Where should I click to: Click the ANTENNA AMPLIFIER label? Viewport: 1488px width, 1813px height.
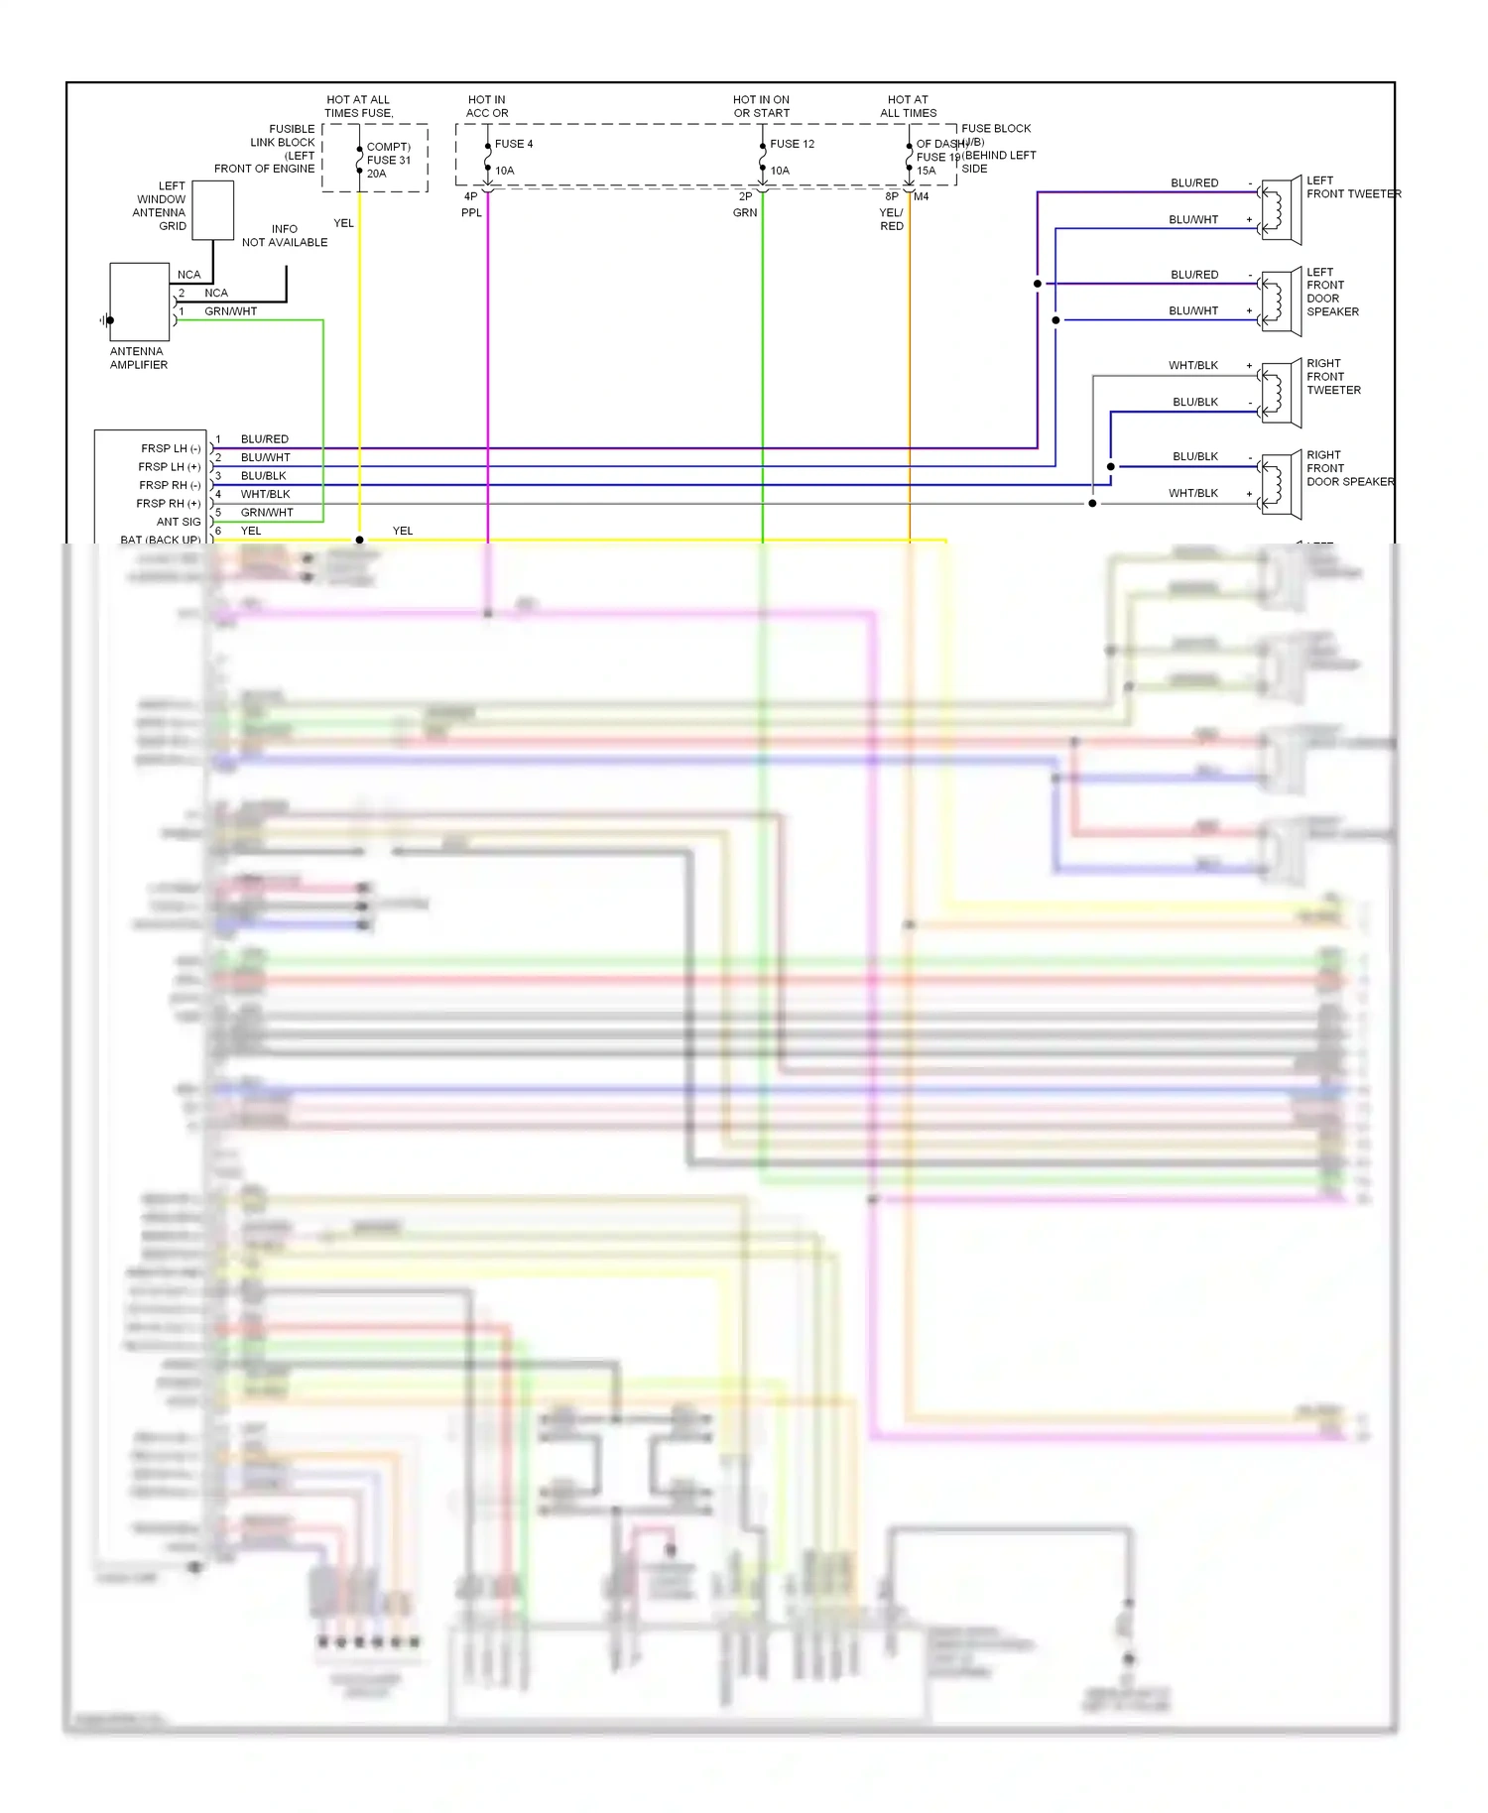(x=138, y=358)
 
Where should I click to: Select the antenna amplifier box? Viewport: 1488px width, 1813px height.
(x=139, y=302)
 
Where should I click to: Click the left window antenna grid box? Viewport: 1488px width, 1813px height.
(x=212, y=210)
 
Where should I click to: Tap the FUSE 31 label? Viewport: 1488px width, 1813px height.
(x=388, y=160)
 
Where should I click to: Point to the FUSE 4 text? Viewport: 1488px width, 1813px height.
(x=513, y=144)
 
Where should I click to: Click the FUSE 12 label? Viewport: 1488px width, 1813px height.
(x=792, y=144)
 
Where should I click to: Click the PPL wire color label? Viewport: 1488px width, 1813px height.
(x=471, y=212)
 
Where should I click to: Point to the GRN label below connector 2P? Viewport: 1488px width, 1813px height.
(x=745, y=212)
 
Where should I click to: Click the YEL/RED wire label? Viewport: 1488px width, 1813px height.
(x=891, y=219)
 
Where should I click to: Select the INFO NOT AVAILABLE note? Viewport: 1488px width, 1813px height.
(x=285, y=235)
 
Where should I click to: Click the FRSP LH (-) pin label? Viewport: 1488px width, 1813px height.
(x=171, y=448)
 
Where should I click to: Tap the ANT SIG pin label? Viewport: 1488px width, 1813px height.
(x=179, y=522)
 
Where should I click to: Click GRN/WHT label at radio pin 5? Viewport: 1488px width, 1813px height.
(x=267, y=513)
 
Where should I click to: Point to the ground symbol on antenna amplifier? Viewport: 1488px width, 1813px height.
(x=105, y=320)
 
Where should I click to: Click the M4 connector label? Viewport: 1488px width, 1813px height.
(x=922, y=196)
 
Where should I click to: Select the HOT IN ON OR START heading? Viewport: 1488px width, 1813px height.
(x=761, y=106)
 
